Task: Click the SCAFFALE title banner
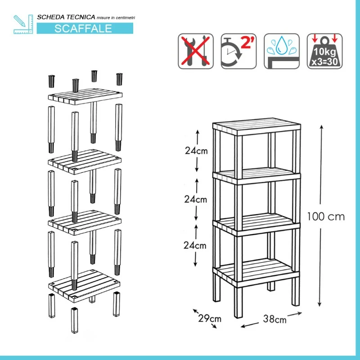(x=85, y=28)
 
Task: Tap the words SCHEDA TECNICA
(x=66, y=17)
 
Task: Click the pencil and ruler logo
(x=23, y=24)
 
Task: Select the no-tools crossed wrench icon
(x=196, y=51)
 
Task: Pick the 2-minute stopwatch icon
(x=238, y=51)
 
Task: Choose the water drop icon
(x=282, y=51)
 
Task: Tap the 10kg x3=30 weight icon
(x=324, y=51)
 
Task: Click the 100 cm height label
(x=326, y=216)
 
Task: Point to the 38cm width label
(x=275, y=319)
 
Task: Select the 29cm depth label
(x=210, y=319)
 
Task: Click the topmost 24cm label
(x=196, y=151)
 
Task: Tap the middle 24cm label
(x=196, y=199)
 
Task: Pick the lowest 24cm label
(x=195, y=245)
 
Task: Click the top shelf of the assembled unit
(x=256, y=126)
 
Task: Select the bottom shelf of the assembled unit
(x=256, y=273)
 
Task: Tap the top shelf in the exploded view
(x=85, y=96)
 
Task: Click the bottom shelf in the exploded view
(x=84, y=286)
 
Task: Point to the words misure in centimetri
(x=116, y=18)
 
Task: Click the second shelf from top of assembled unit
(x=256, y=176)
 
